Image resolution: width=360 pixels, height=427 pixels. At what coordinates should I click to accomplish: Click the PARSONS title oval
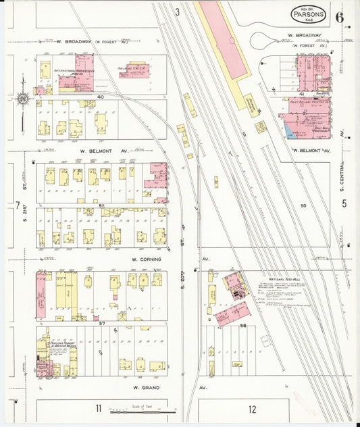tap(309, 13)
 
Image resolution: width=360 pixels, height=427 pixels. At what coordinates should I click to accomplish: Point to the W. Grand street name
tap(145, 388)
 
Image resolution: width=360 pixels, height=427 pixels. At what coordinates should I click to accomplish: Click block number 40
tap(101, 97)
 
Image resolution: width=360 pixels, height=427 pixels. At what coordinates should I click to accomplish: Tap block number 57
tap(102, 324)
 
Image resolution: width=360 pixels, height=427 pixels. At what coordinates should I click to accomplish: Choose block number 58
tap(242, 326)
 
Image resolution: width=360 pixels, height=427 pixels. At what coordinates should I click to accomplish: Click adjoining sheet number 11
tap(98, 408)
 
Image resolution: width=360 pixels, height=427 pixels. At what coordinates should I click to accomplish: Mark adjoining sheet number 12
tap(252, 409)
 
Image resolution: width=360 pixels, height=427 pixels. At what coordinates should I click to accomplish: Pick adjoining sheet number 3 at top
tap(178, 11)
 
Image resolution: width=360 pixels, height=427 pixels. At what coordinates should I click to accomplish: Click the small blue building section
tap(288, 128)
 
